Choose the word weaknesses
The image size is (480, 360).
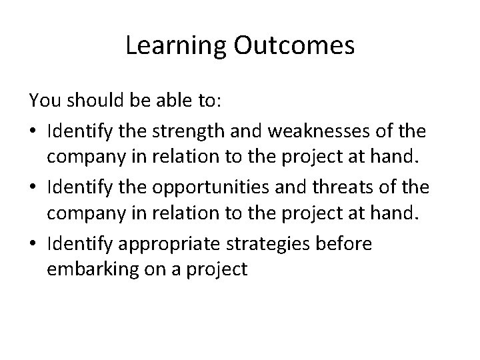point(308,125)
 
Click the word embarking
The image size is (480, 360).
point(81,269)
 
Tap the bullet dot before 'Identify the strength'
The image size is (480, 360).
point(33,126)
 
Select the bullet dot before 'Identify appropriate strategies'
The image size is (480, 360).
point(33,245)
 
